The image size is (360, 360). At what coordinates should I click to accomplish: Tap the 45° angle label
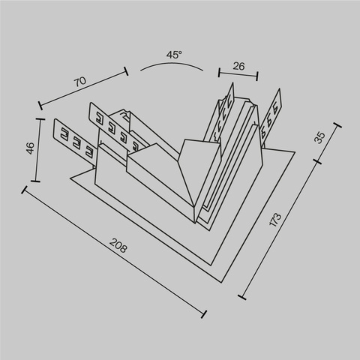click(x=174, y=55)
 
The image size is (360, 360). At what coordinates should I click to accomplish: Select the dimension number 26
click(x=238, y=66)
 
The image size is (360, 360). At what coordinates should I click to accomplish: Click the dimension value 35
click(x=320, y=137)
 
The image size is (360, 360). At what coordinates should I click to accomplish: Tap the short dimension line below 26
click(x=238, y=74)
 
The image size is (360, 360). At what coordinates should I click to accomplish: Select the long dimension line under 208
click(x=112, y=250)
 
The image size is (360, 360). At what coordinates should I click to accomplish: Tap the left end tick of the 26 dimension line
click(x=219, y=72)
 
